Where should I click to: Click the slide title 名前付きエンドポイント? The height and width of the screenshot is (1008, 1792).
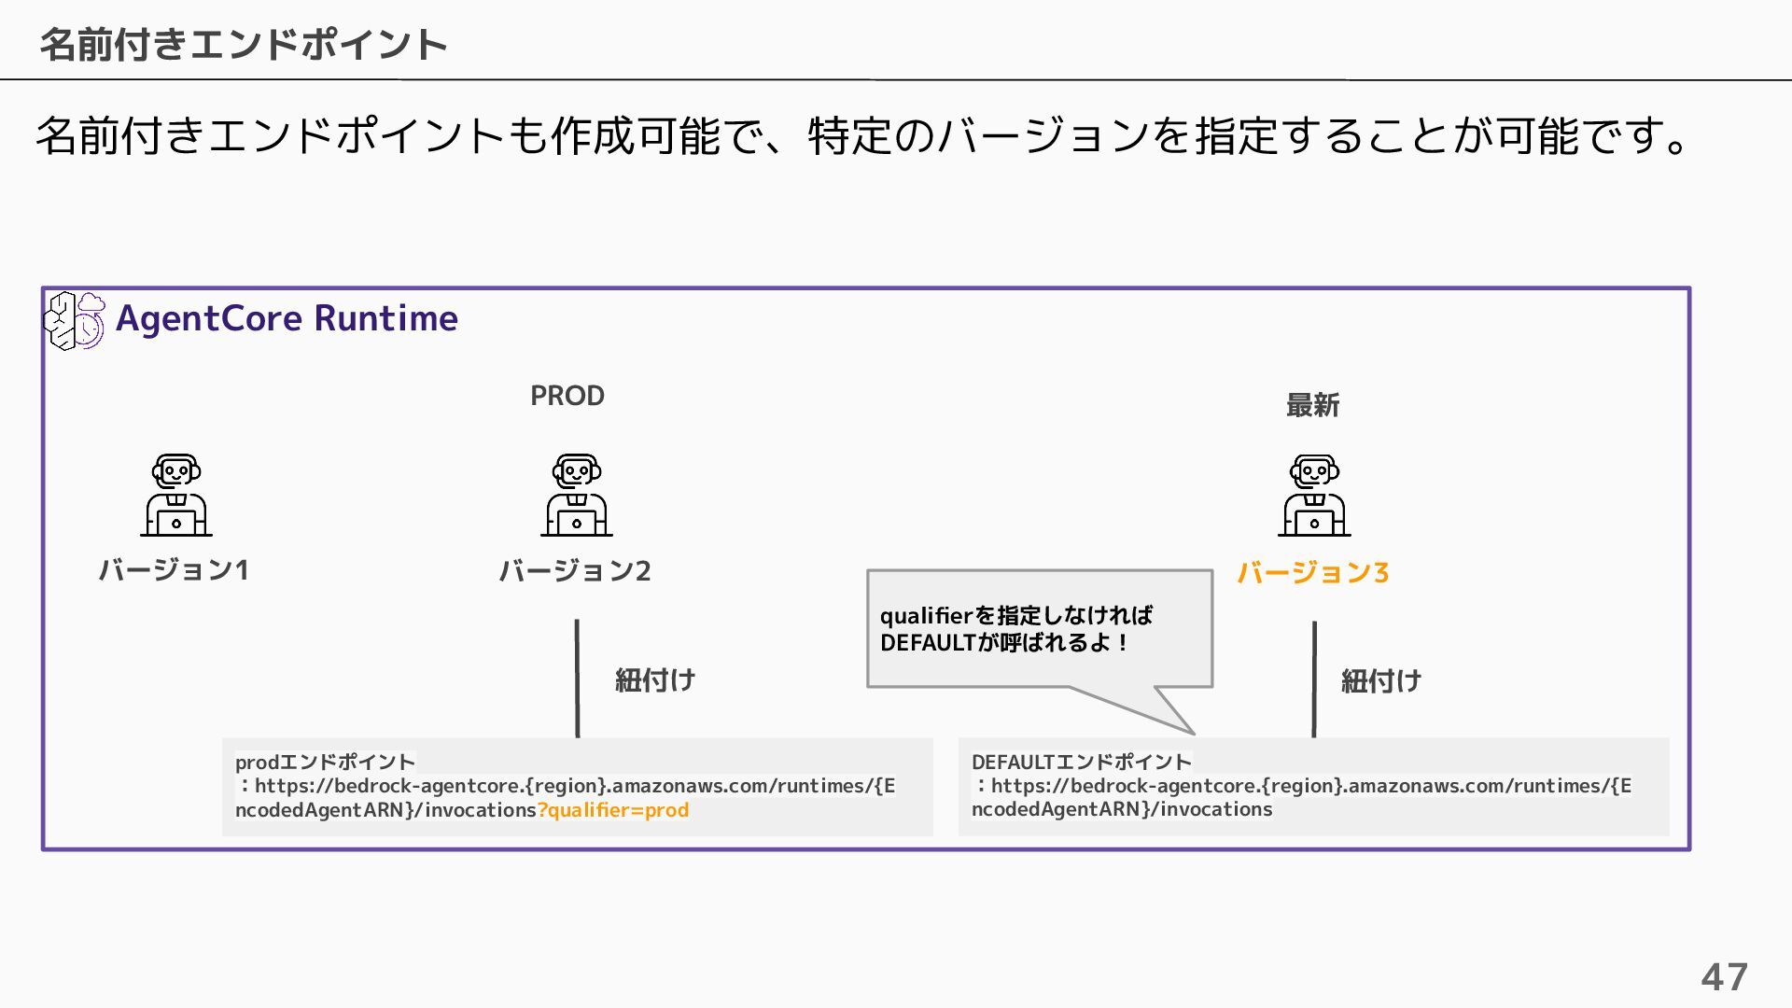click(244, 44)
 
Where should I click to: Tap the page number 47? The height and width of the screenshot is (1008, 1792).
click(1724, 977)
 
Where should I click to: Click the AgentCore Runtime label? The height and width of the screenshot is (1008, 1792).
click(287, 318)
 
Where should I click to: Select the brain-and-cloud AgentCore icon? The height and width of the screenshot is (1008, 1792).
click(75, 320)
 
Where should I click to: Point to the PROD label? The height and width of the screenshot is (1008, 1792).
click(567, 396)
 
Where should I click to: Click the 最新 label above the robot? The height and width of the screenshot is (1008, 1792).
click(1312, 405)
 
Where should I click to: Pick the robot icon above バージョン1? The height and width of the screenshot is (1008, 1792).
click(176, 496)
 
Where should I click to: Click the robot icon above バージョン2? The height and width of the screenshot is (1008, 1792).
click(577, 496)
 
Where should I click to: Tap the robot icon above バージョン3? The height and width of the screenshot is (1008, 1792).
click(1314, 496)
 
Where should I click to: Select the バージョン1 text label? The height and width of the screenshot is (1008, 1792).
click(174, 569)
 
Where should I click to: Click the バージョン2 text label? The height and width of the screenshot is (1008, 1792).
click(574, 570)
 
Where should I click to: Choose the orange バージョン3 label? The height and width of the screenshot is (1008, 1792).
click(1312, 572)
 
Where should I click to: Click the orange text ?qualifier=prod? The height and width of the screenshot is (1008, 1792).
click(613, 810)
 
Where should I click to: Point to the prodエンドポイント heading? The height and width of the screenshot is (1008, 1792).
click(325, 762)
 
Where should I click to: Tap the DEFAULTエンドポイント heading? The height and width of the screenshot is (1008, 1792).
click(1081, 762)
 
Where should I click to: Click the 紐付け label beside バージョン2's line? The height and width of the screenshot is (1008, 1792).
click(655, 680)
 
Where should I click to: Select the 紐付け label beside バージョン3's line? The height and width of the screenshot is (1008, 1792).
click(1381, 681)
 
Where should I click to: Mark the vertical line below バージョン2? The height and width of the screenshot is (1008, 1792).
click(577, 679)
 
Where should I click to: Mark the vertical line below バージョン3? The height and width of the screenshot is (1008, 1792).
click(1314, 679)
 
